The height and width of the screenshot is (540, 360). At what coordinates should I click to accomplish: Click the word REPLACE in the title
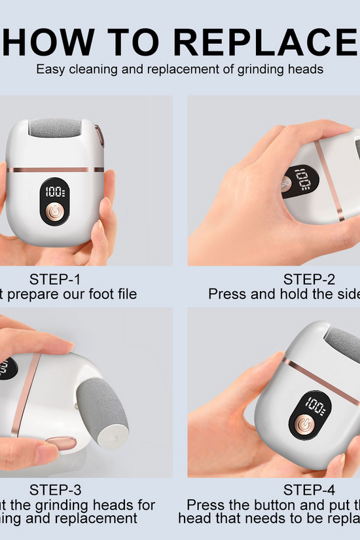[x=265, y=41]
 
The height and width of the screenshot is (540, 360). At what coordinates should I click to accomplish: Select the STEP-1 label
[x=56, y=279]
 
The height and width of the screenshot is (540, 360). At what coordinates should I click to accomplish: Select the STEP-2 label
[x=310, y=279]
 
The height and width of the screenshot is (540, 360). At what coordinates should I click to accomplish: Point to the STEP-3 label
[x=56, y=490]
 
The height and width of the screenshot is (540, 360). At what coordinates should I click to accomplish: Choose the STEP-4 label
[x=310, y=490]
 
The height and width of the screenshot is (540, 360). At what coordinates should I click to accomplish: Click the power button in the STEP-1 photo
[x=56, y=214]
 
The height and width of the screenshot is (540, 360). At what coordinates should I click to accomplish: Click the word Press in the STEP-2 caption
[x=226, y=294]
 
